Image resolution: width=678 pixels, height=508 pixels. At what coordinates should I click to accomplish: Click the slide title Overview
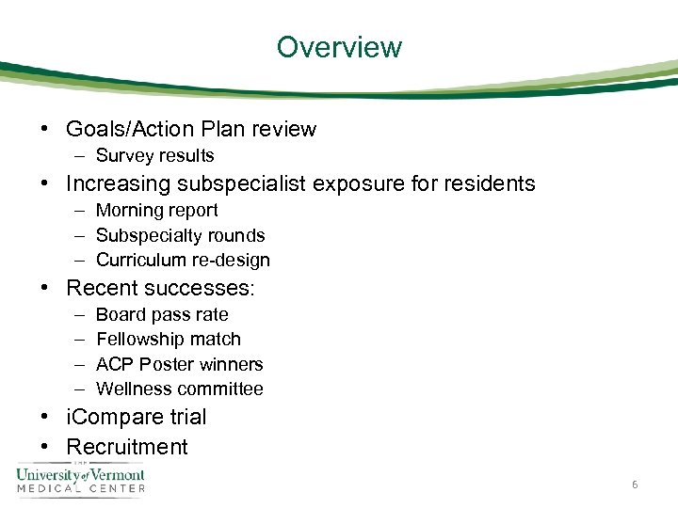339,47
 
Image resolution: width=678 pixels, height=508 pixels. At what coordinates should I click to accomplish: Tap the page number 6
636,484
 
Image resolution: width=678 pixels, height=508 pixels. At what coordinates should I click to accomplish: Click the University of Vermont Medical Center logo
81,479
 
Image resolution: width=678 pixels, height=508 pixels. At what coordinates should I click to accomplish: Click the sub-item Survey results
155,156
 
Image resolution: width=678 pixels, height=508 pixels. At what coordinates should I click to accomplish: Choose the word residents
485,183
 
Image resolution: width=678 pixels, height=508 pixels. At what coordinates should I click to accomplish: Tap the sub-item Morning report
156,211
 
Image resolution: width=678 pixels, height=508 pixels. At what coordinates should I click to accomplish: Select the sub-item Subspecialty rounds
180,235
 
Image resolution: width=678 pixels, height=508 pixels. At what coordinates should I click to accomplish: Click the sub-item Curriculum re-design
183,260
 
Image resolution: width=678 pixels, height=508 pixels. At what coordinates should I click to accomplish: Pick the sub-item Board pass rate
162,314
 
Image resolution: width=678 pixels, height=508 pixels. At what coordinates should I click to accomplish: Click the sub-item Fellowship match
169,339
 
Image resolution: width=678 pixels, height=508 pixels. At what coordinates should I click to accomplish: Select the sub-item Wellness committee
180,389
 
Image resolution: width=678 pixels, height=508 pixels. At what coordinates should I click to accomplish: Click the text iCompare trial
136,417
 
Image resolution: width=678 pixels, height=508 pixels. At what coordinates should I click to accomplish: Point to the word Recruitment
127,447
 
